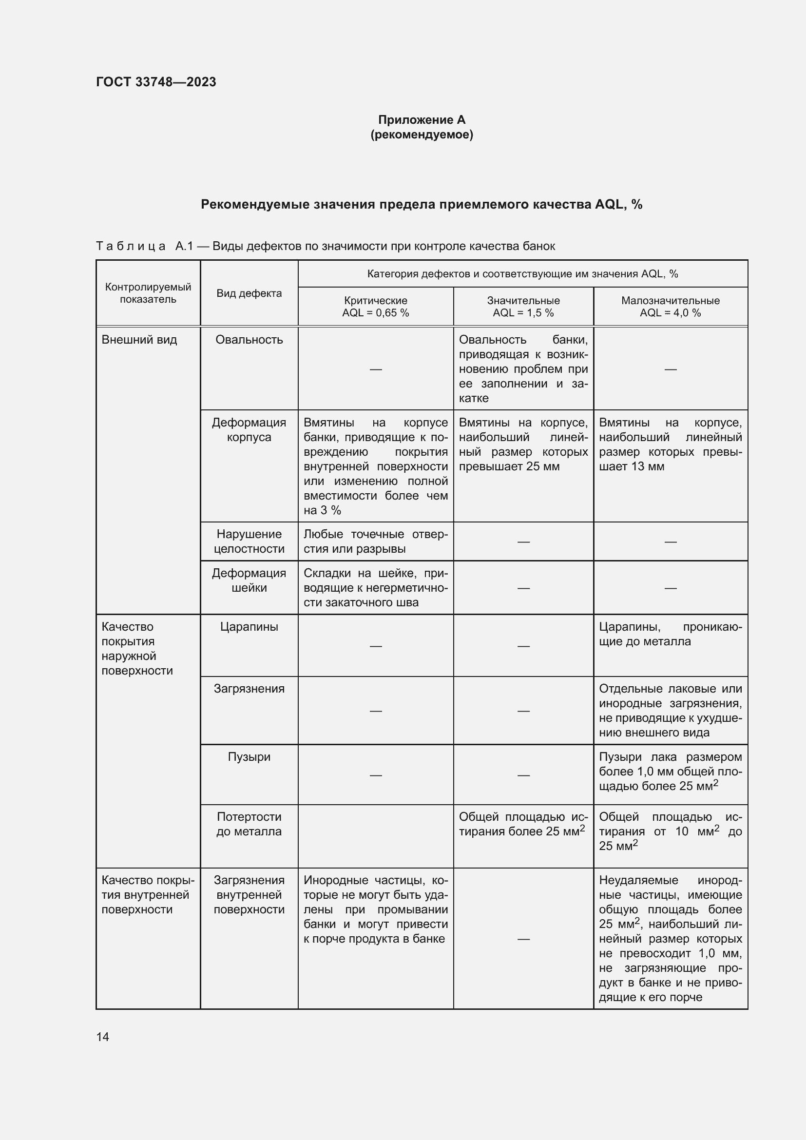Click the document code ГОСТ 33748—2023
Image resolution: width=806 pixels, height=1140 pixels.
[x=156, y=82]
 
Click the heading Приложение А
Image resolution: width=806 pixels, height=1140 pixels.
[x=422, y=120]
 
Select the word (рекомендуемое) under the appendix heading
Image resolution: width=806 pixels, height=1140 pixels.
[x=422, y=135]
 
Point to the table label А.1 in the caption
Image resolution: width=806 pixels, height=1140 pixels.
[x=184, y=246]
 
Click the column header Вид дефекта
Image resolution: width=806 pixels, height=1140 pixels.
[x=249, y=293]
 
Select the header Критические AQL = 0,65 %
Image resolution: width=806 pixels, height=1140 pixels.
[x=375, y=307]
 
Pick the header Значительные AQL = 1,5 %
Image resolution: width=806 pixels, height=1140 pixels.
[x=523, y=307]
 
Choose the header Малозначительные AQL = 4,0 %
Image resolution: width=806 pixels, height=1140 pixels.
[x=670, y=307]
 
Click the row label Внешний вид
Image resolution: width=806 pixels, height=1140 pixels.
[x=139, y=340]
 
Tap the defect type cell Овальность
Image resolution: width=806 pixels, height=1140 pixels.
[x=249, y=340]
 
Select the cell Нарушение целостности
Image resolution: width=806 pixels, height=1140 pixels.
[x=249, y=541]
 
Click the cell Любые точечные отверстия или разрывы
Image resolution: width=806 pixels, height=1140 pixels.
[x=375, y=541]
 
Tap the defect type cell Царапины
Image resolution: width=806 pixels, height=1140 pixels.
[x=249, y=627]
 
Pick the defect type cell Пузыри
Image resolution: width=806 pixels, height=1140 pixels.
[x=249, y=757]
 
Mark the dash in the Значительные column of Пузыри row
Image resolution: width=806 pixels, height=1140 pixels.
[x=523, y=775]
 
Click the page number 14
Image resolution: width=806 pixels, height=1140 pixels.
[x=103, y=1037]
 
